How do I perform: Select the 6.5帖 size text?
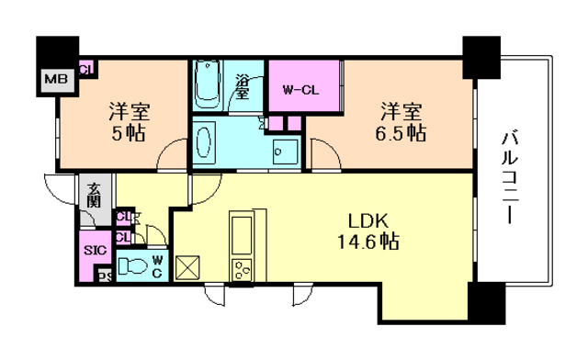402,133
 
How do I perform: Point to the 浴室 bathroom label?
243,85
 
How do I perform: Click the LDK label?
370,222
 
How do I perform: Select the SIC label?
94,250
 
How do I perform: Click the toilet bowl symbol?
134,265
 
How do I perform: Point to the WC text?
157,266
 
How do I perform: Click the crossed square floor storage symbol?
188,268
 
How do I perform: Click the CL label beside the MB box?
85,68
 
